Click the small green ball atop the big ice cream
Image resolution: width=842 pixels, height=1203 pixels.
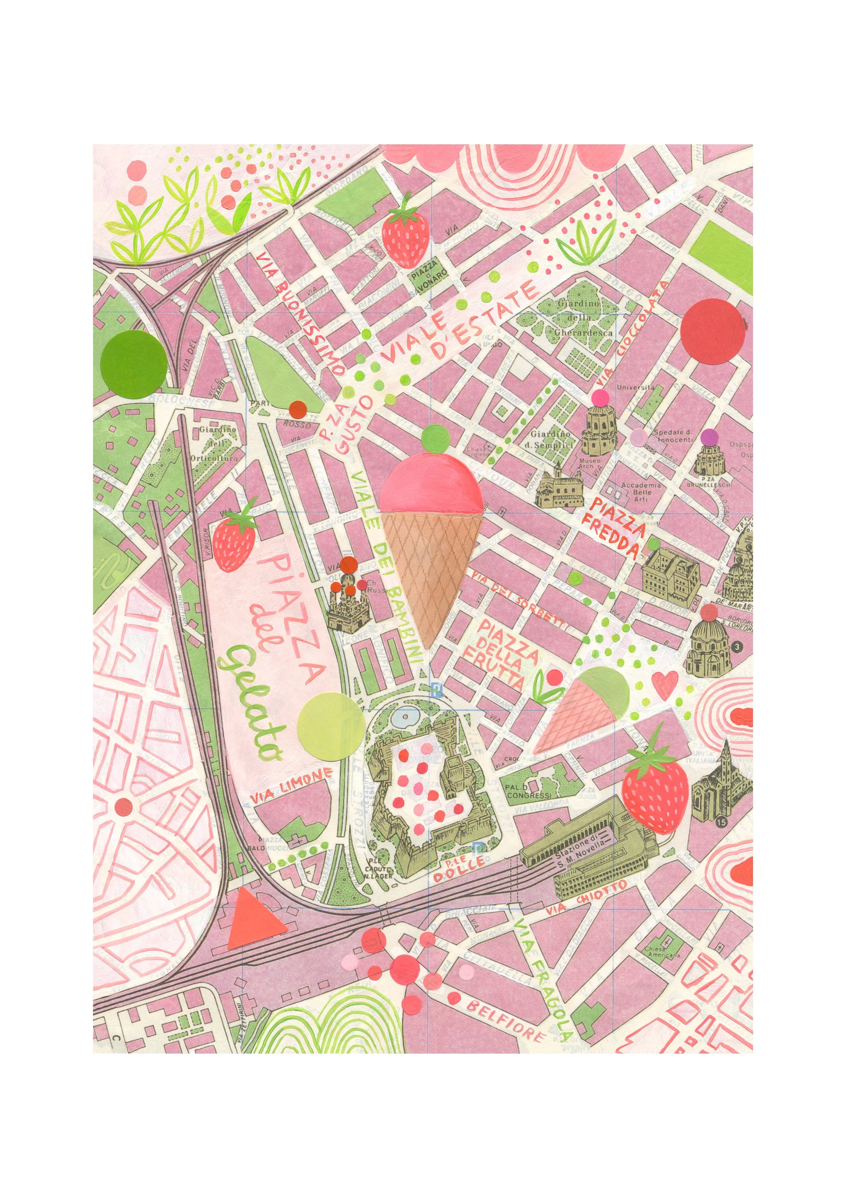tap(434, 438)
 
